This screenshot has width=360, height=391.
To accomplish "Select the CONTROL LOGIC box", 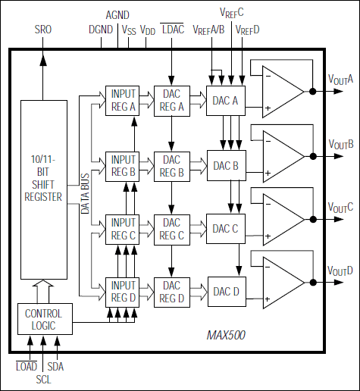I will click(x=44, y=319).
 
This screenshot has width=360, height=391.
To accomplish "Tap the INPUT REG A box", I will click(x=123, y=100).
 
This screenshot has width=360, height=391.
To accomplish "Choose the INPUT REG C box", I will click(x=123, y=230).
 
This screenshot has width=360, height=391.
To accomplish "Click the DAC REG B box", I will click(x=173, y=165).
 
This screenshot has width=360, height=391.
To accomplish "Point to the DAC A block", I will click(x=225, y=101).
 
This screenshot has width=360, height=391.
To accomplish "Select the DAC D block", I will click(x=225, y=292).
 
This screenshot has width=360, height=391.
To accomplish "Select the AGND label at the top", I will click(x=117, y=14).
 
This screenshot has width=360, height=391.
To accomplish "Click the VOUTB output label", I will click(x=341, y=143).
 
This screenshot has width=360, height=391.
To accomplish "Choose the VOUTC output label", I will click(x=341, y=207).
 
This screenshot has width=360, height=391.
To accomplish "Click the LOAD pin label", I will click(x=27, y=366).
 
